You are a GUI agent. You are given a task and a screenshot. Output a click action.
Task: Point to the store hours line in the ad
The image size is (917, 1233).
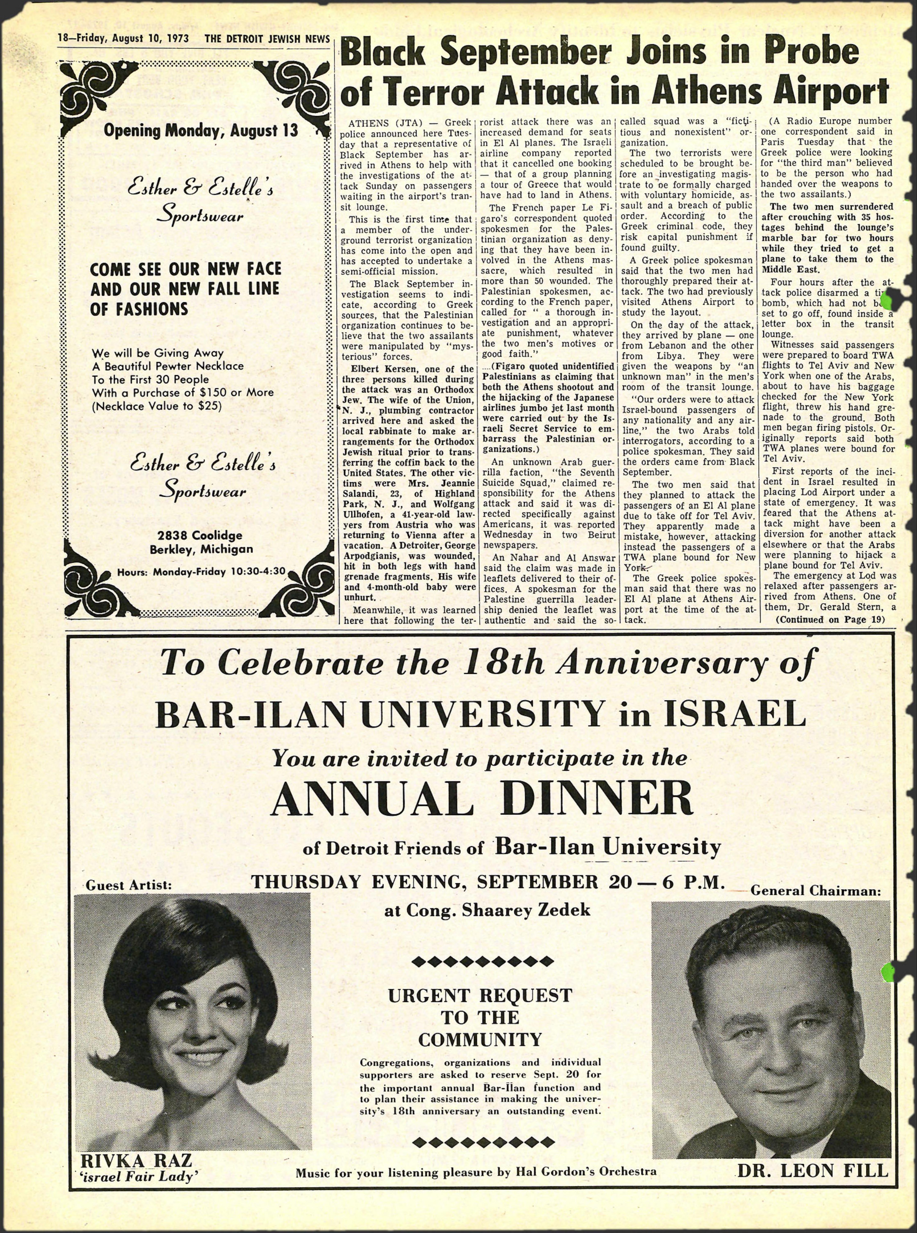point(201,571)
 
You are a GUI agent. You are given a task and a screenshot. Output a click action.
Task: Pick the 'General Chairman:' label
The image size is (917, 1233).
point(816,890)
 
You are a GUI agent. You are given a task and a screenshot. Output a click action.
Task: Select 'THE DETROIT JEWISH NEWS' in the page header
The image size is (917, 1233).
point(267,39)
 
